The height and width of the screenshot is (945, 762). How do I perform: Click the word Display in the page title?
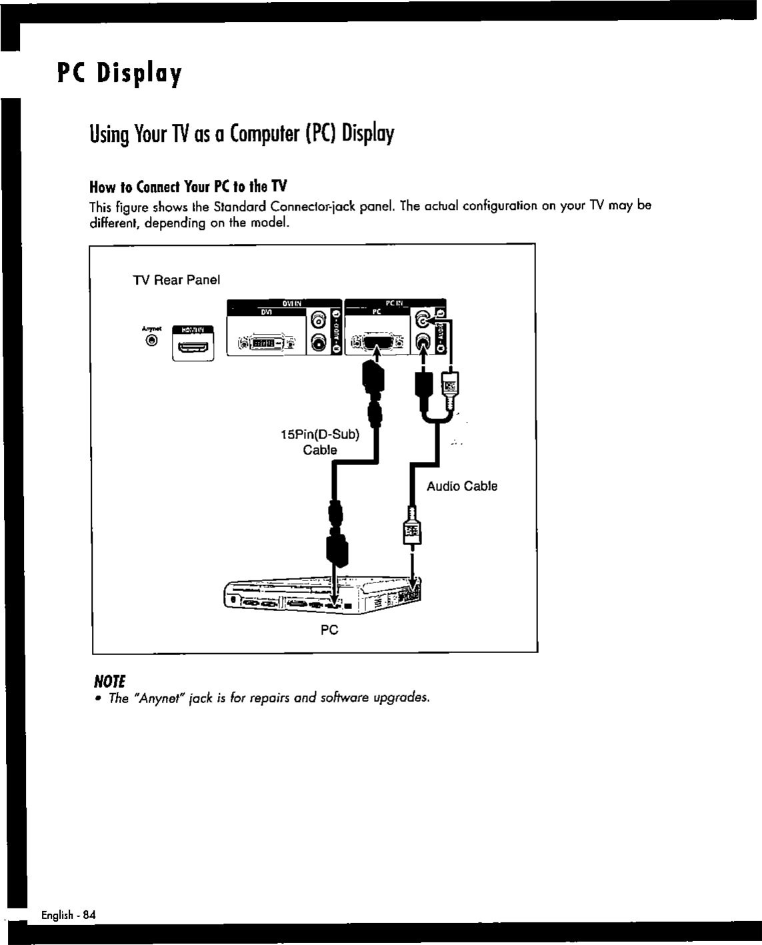[139, 73]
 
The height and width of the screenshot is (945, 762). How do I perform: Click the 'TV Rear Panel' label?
[177, 280]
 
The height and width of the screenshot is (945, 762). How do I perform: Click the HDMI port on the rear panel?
[193, 346]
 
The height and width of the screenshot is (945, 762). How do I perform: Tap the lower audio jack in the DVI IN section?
[319, 344]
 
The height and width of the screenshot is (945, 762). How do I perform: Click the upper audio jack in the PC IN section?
[423, 320]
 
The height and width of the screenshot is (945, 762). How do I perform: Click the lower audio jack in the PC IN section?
[423, 343]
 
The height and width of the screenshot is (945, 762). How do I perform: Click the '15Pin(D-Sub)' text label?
[320, 435]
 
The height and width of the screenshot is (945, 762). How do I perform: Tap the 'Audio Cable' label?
[462, 486]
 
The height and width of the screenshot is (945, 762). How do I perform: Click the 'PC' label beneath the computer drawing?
[329, 629]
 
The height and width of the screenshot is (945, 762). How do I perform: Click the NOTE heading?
[109, 680]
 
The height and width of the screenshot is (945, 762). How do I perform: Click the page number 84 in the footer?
[89, 915]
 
